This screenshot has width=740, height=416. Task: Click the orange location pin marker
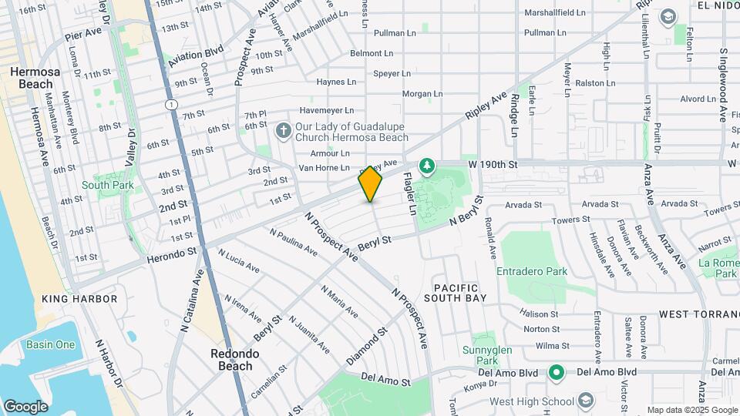click(371, 184)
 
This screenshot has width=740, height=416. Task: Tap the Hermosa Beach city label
click(30, 77)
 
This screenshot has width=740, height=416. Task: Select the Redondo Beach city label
click(234, 360)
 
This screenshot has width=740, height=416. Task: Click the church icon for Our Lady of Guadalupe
click(283, 132)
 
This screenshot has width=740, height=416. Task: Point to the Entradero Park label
click(532, 271)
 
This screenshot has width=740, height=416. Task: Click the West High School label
click(531, 401)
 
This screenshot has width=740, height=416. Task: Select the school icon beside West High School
click(587, 401)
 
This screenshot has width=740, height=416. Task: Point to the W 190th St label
click(491, 164)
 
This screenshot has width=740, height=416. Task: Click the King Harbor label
click(79, 298)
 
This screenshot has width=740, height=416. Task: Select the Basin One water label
click(51, 344)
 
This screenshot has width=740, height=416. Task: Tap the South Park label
click(107, 185)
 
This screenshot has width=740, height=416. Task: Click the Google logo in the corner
click(25, 406)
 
